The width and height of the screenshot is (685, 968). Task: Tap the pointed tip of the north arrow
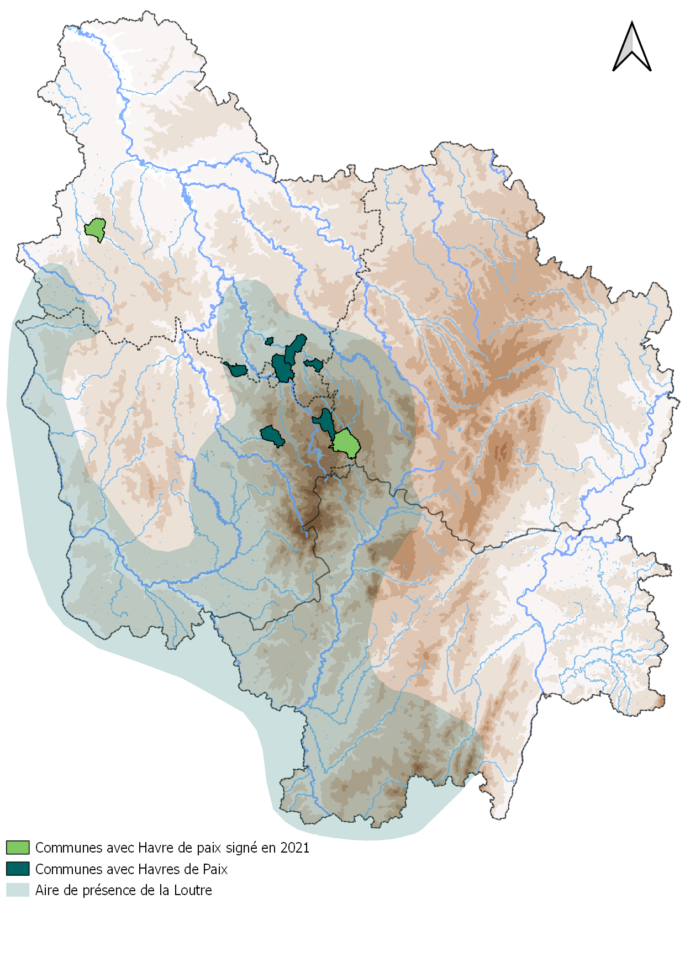coord(632,23)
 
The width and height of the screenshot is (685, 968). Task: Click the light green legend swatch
coord(18,847)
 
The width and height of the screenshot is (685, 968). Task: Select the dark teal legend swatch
coord(18,869)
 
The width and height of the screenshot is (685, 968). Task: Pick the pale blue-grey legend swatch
coord(18,890)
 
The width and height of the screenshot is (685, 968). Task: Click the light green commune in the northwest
coord(96,229)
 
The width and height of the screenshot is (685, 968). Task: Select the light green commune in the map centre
coord(347,443)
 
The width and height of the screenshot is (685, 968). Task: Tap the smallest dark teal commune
coord(270,341)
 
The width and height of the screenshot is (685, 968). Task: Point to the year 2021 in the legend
coord(294,848)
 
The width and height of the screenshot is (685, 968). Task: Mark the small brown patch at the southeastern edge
coord(660,701)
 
